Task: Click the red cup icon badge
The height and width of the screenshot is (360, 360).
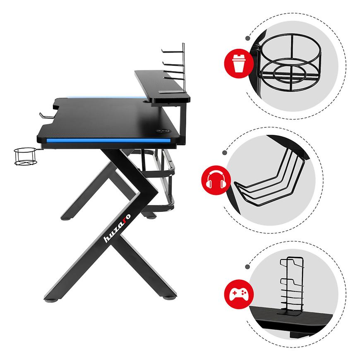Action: click(239, 63)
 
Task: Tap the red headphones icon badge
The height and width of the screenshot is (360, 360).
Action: click(216, 180)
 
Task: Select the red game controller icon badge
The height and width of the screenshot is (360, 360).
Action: click(239, 294)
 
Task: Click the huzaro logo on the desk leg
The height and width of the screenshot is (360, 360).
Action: click(118, 228)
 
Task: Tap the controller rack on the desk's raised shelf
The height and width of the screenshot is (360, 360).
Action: click(175, 69)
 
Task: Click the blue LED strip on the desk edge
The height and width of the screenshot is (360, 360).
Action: click(108, 140)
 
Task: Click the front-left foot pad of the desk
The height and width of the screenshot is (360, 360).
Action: click(53, 300)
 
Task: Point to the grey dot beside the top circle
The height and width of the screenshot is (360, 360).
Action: click(248, 38)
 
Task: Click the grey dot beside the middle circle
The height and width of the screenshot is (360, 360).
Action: click(225, 153)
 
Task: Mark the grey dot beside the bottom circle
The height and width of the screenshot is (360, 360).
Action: click(247, 267)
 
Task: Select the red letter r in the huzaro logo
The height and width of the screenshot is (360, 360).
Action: click(124, 220)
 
